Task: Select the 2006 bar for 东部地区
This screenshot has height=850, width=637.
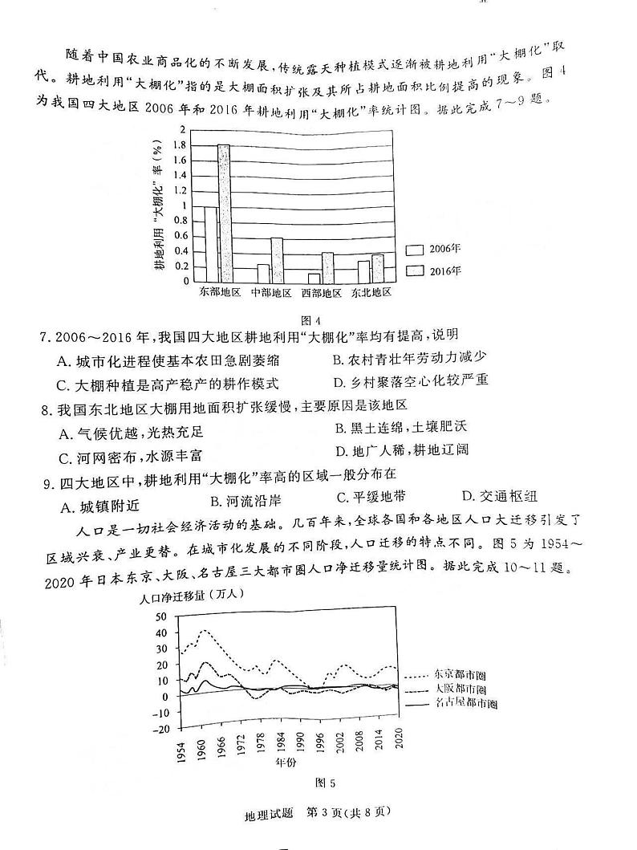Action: point(210,243)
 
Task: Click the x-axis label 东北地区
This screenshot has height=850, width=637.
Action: point(371,293)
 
